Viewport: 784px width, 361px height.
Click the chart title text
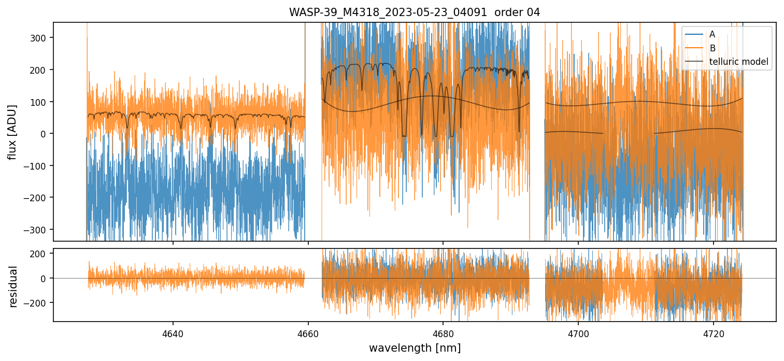click(x=414, y=12)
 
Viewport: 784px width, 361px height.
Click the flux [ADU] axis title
click(x=12, y=132)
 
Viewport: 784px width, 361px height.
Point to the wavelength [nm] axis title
click(x=414, y=348)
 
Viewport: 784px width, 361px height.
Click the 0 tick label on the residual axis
click(x=46, y=279)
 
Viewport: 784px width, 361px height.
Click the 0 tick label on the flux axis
click(x=46, y=134)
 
